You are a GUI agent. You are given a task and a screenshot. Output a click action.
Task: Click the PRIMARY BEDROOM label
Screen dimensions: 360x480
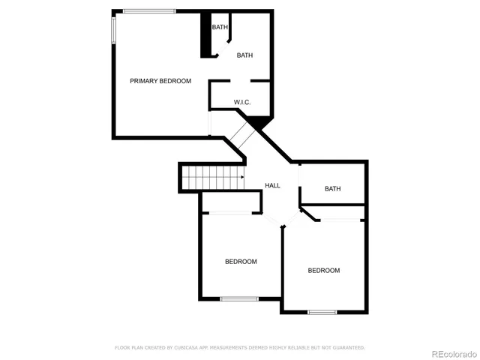click(160, 81)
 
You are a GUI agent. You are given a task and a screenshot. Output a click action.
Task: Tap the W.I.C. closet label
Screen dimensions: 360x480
click(241, 102)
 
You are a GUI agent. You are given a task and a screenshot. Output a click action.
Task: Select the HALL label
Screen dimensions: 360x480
click(272, 185)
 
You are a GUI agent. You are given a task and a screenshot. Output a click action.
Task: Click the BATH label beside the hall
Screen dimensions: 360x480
click(332, 189)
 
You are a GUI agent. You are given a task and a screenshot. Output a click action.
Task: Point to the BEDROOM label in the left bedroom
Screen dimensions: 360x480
click(241, 262)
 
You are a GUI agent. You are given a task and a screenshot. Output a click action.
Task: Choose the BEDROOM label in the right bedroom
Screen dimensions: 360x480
click(324, 270)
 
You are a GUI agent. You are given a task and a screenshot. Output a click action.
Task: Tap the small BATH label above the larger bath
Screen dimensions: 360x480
click(220, 28)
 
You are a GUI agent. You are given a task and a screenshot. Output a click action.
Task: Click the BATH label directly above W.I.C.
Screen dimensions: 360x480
click(245, 55)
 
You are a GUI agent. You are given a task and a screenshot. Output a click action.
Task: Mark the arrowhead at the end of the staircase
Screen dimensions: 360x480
click(242, 178)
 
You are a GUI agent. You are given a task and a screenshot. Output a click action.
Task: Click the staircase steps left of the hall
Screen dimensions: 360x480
click(214, 178)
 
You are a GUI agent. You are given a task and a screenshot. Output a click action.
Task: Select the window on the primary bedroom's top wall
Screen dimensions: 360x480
click(149, 10)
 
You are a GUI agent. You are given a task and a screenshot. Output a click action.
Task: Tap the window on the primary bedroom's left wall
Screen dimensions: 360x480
click(114, 31)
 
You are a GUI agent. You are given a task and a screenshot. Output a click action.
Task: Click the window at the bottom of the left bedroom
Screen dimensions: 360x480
click(239, 299)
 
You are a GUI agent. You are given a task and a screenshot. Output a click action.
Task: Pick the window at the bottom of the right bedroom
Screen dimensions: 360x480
click(322, 311)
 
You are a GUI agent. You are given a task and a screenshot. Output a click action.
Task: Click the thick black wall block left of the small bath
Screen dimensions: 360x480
click(205, 35)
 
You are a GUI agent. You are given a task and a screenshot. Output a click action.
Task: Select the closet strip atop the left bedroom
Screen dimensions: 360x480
click(230, 202)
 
